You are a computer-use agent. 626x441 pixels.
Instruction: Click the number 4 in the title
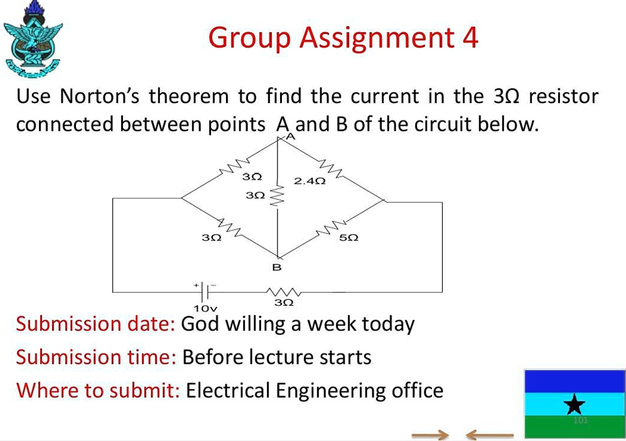click(469, 38)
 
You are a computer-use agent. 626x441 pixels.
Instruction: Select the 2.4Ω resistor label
click(310, 182)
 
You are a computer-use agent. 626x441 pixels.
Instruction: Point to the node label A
click(289, 136)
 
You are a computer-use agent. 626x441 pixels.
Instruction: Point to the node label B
click(277, 268)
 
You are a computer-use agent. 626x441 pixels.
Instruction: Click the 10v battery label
click(205, 308)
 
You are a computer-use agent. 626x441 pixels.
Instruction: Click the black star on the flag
click(574, 405)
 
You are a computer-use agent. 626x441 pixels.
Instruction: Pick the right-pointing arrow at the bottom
click(431, 434)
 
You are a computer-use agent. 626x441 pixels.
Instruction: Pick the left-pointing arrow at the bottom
click(490, 434)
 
